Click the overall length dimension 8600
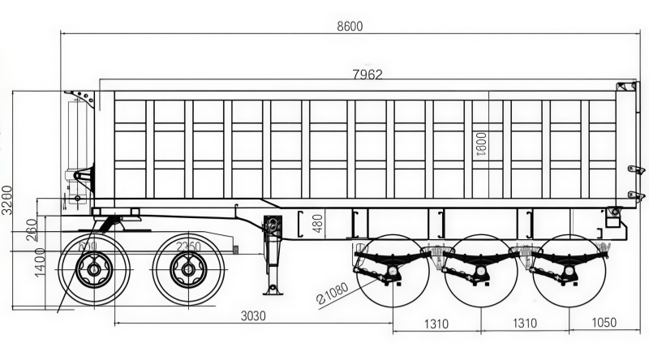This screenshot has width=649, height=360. (x=350, y=26)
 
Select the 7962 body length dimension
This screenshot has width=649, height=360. (x=367, y=74)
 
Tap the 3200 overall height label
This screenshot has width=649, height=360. (x=7, y=199)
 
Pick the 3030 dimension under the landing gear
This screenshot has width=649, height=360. (x=254, y=316)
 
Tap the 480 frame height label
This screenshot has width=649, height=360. (x=318, y=223)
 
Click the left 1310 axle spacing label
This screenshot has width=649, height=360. (x=436, y=324)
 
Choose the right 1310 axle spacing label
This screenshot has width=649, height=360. (x=524, y=324)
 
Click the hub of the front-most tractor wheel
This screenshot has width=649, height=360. (x=95, y=268)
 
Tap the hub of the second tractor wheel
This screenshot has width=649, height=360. (x=189, y=268)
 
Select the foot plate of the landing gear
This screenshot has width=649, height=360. (x=272, y=289)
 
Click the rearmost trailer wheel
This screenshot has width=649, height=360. (x=568, y=271)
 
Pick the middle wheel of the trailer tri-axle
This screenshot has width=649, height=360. (x=480, y=271)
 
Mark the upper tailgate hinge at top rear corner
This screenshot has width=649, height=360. (x=625, y=85)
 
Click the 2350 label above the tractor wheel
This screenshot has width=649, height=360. (x=188, y=246)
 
